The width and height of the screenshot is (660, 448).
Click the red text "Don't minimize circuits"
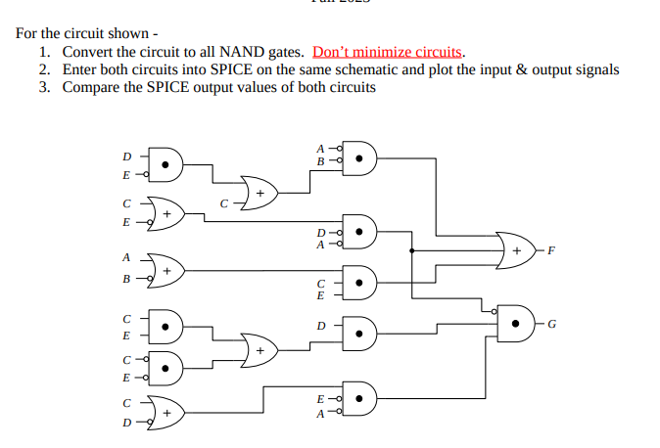pyautogui.click(x=388, y=52)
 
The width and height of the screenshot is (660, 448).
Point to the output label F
pyautogui.click(x=551, y=250)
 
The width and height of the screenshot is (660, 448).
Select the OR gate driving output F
pyautogui.click(x=515, y=250)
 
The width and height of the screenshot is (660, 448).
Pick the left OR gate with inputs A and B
pyautogui.click(x=165, y=269)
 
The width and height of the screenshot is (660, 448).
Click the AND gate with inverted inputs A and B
pyautogui.click(x=359, y=157)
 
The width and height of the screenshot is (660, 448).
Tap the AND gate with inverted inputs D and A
pyautogui.click(x=359, y=233)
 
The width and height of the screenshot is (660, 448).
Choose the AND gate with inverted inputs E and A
pyautogui.click(x=359, y=399)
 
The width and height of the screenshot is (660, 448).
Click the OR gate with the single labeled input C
pyautogui.click(x=259, y=193)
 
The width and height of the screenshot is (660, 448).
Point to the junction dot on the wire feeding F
pyautogui.click(x=412, y=250)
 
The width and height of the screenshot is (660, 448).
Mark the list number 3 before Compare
pyautogui.click(x=44, y=87)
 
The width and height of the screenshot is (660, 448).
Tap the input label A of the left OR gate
pyautogui.click(x=124, y=258)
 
